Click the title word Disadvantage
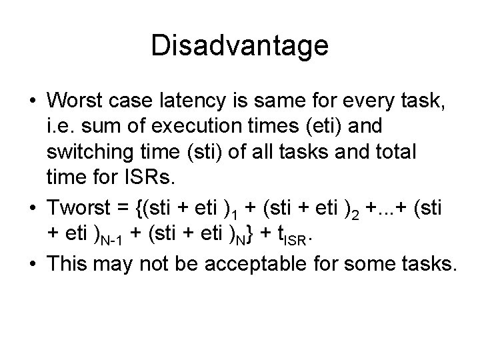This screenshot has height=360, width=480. tap(240, 46)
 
